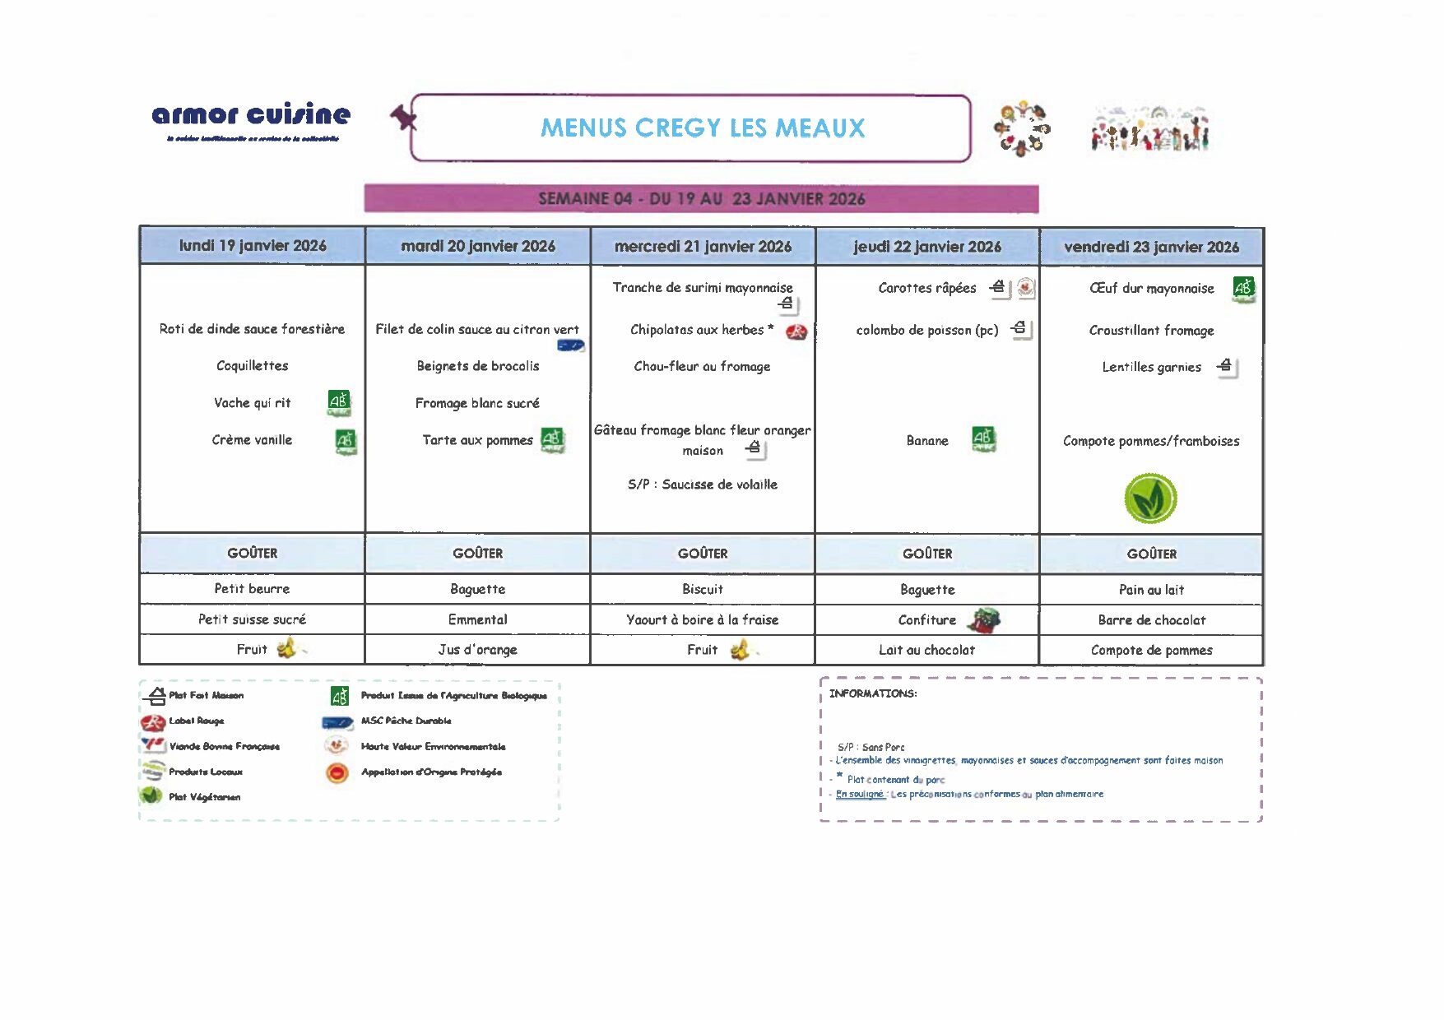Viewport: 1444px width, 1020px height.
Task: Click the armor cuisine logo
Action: click(251, 115)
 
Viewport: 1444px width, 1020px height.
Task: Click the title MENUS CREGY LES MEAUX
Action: click(703, 128)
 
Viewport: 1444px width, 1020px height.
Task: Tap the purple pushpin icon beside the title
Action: click(403, 118)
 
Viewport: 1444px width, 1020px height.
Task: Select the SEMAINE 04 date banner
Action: click(701, 199)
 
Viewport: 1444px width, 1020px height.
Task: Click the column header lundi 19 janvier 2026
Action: click(253, 246)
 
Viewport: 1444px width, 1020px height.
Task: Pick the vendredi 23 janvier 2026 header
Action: click(1151, 247)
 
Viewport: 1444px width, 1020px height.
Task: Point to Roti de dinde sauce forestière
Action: click(252, 329)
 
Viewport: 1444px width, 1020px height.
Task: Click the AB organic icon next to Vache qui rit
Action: click(339, 402)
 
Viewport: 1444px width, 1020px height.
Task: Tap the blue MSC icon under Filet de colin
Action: click(570, 345)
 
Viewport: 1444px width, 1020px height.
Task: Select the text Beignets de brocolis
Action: click(478, 366)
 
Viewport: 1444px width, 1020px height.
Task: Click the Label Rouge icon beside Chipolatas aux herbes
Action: click(796, 331)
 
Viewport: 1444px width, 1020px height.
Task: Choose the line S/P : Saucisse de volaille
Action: click(702, 484)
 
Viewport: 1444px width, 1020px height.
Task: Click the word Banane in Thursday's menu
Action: click(927, 441)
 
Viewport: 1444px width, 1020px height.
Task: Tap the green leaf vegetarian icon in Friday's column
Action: click(1150, 498)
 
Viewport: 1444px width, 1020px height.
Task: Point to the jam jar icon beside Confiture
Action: click(983, 620)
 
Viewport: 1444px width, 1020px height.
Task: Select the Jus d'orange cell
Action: click(478, 650)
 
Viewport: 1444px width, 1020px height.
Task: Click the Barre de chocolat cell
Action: click(1151, 620)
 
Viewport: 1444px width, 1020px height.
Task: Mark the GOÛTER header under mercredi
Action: click(702, 554)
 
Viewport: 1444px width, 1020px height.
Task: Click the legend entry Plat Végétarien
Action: click(204, 797)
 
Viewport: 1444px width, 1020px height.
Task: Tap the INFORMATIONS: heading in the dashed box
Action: click(872, 693)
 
